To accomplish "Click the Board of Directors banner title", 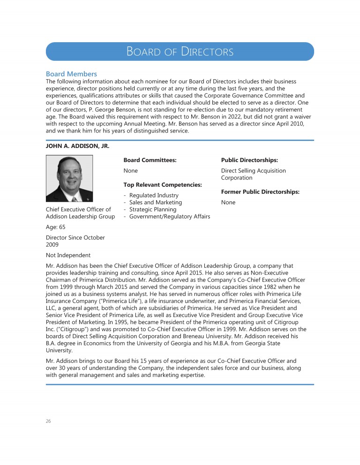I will (x=180, y=52).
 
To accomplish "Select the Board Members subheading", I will (x=71, y=74).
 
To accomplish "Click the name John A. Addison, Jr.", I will (x=77, y=146).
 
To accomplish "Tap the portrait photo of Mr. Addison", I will (x=69, y=178).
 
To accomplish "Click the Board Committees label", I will (x=150, y=160).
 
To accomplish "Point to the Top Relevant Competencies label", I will (x=162, y=185).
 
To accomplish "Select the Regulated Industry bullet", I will (x=153, y=195).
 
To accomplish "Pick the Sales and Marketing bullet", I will (x=155, y=202).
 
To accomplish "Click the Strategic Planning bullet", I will (x=152, y=209).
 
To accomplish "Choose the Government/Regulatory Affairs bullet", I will (x=169, y=216).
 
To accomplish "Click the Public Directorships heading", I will (x=249, y=160).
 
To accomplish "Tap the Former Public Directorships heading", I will (x=260, y=192).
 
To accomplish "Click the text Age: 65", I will (x=56, y=227).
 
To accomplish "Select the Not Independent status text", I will (x=68, y=255).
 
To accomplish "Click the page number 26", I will (x=48, y=421).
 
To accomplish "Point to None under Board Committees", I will (x=130, y=171).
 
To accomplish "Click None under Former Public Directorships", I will (x=228, y=202).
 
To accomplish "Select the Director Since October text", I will (x=75, y=237).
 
